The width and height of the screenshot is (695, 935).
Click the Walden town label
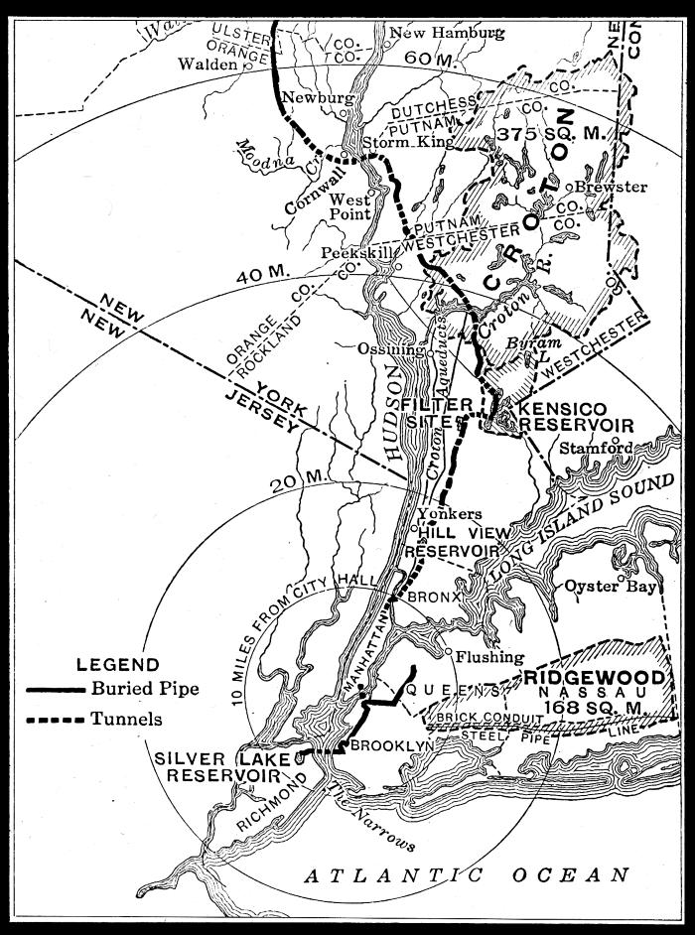click(208, 65)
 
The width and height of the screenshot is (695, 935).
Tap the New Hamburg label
click(446, 33)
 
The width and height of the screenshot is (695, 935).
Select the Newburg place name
click(318, 98)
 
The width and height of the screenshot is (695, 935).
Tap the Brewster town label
click(611, 187)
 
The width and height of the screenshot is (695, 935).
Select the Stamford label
click(596, 448)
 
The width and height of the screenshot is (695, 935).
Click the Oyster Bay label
click(611, 587)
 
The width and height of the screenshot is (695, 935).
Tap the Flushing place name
click(489, 657)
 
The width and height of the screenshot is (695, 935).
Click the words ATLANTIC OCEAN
click(467, 874)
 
